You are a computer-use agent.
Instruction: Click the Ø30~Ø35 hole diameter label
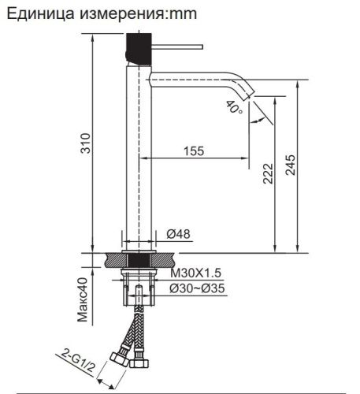[199, 288]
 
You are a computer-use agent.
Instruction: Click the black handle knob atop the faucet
[135, 50]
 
